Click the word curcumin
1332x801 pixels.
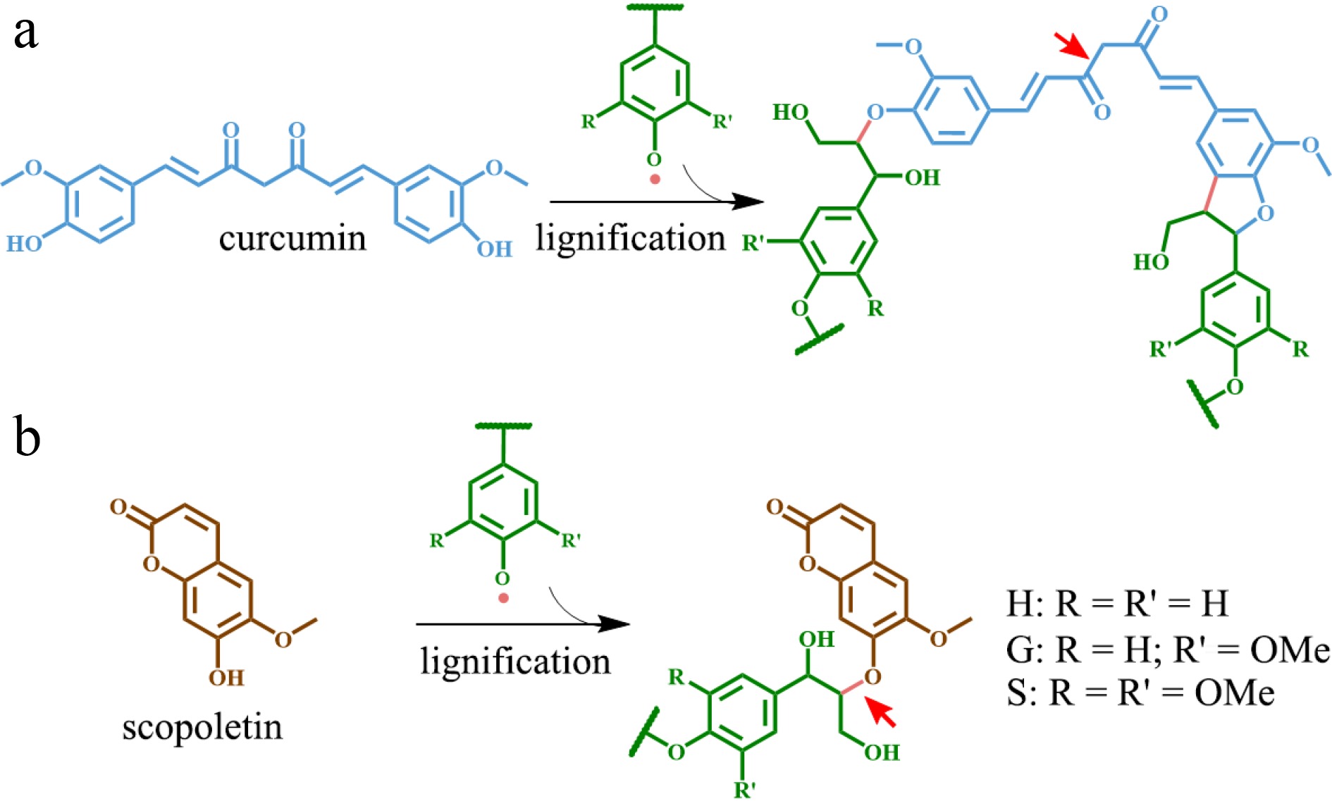coord(292,239)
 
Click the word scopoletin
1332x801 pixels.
coord(202,726)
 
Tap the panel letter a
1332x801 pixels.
coord(25,33)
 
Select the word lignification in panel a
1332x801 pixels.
coord(630,237)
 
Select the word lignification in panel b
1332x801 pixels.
coord(515,661)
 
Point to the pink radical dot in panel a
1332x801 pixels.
coord(655,179)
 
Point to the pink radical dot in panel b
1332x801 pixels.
coord(503,598)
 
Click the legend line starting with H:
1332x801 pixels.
coord(1117,603)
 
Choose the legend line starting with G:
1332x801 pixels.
coord(1167,650)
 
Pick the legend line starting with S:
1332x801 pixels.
coord(1140,693)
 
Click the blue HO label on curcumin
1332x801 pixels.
coord(24,244)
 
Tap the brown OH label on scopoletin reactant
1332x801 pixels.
coord(226,678)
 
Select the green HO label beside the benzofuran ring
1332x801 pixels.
coord(1151,262)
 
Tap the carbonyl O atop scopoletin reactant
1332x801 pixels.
coord(118,507)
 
